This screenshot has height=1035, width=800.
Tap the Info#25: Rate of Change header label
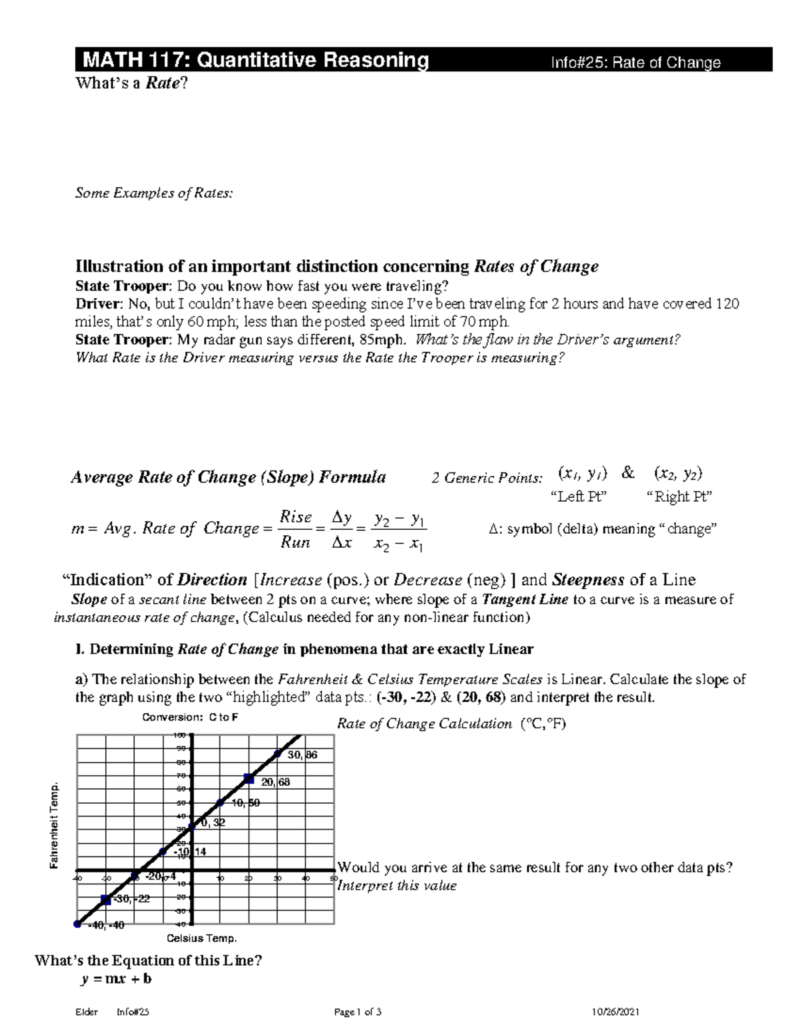[635, 63]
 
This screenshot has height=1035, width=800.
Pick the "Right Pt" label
[679, 497]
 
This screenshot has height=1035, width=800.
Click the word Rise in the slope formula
[295, 517]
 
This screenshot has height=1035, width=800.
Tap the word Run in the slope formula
[295, 542]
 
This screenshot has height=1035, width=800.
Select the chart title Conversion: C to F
[190, 718]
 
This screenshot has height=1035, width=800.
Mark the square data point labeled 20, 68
[249, 778]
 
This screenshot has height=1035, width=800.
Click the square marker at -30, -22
[105, 900]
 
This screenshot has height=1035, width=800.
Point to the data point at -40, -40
[77, 924]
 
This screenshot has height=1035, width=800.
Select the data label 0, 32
[213, 823]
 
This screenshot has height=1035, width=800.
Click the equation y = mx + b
[115, 979]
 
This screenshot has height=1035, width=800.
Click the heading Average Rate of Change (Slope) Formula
[228, 477]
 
